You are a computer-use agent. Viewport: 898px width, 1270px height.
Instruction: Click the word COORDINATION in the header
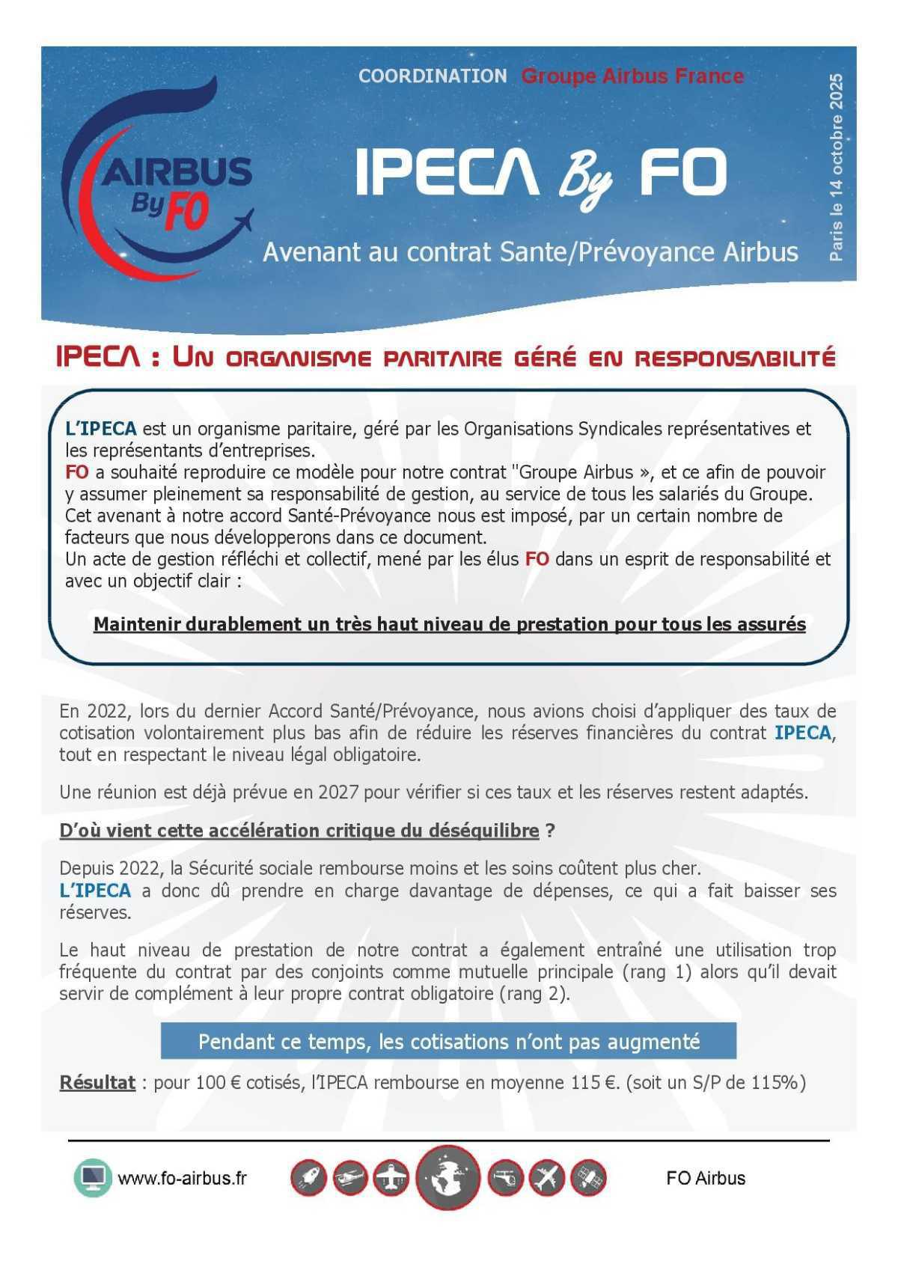[x=433, y=76]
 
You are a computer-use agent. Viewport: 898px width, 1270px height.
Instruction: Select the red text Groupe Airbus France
[x=632, y=76]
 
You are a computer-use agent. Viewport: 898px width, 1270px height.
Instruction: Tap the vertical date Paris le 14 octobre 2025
[x=836, y=167]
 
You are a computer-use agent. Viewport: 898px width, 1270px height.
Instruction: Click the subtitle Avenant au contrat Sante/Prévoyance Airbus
[x=530, y=252]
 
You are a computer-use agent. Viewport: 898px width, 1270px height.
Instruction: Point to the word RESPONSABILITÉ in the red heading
[x=735, y=358]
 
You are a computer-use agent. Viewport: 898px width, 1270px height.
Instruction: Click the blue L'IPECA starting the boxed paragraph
[x=100, y=429]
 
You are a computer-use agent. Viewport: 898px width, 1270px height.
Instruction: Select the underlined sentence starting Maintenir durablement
[x=449, y=624]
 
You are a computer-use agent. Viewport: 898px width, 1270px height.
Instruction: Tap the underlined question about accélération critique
[x=299, y=831]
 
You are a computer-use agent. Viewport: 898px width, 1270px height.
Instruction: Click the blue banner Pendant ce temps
[x=448, y=1041]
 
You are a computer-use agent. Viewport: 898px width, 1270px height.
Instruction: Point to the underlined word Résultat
[x=97, y=1083]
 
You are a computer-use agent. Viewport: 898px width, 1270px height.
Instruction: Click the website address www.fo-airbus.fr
[x=182, y=1178]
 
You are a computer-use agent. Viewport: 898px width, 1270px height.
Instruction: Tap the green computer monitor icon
[x=93, y=1178]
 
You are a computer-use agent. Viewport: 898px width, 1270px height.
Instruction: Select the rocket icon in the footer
[x=308, y=1179]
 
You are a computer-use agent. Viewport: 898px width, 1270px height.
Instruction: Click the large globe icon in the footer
[x=448, y=1179]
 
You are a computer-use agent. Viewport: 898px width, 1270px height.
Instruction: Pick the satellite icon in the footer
[x=588, y=1179]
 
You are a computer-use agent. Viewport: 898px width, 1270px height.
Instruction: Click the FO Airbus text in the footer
[x=706, y=1178]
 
